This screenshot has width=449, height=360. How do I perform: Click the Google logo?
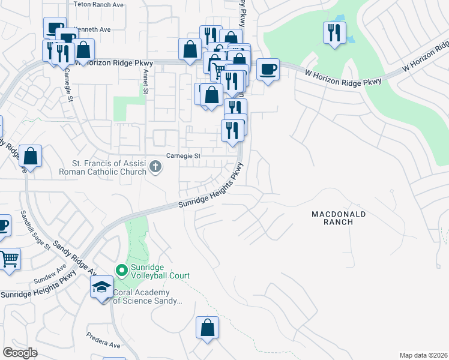(20, 352)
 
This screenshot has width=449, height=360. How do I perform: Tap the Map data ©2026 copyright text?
(423, 355)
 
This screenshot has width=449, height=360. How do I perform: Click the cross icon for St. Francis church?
(155, 167)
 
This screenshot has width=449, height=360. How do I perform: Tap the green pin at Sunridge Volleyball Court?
(122, 271)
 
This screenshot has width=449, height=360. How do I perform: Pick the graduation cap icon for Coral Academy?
(101, 287)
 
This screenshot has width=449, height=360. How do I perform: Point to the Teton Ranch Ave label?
(98, 4)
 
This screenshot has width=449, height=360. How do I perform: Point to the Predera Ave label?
(104, 341)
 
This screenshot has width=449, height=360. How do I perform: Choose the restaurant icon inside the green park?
(334, 32)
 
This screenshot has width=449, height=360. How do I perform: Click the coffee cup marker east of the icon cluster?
(268, 69)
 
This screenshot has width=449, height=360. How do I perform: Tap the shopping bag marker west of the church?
(31, 156)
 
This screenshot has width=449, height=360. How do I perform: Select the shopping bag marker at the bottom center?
(207, 328)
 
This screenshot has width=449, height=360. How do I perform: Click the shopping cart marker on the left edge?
(9, 259)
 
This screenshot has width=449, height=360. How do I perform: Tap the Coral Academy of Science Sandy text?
(147, 297)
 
